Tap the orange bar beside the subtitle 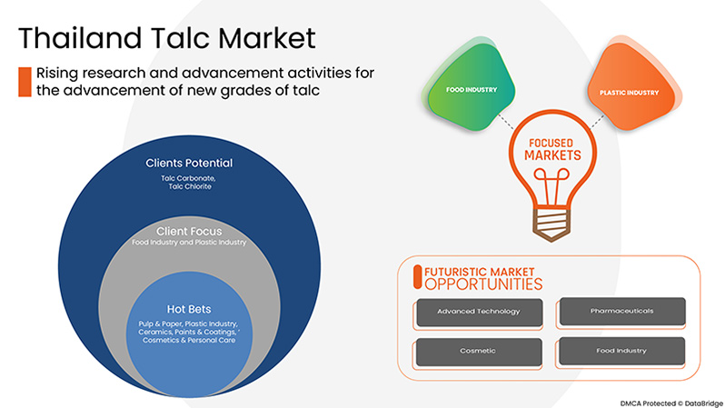click(x=25, y=81)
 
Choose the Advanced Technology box click(x=478, y=312)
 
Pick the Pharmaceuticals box click(x=620, y=312)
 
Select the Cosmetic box click(x=478, y=351)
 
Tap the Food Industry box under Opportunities click(x=620, y=351)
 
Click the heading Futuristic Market click(x=478, y=271)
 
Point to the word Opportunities click(x=478, y=284)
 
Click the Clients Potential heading click(x=189, y=164)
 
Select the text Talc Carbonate click(x=189, y=178)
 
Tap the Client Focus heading click(x=189, y=232)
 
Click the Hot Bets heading click(x=189, y=308)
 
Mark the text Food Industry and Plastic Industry click(x=189, y=244)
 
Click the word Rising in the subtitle click(x=55, y=73)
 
